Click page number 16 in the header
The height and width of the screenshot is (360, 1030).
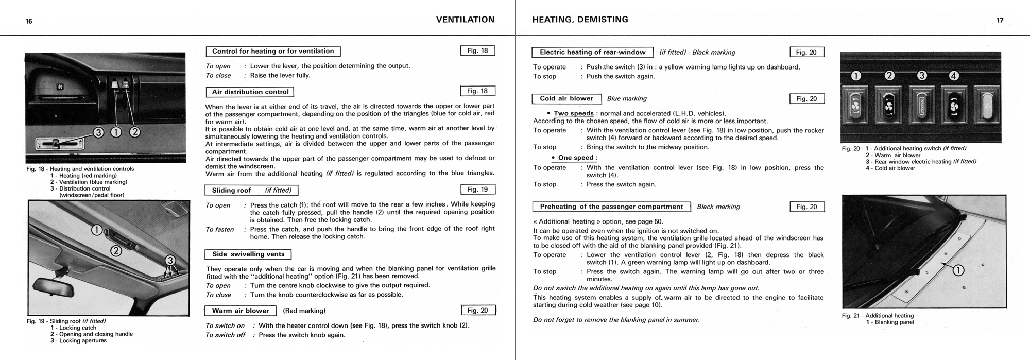[29, 21]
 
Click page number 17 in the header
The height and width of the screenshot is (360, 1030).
[1000, 21]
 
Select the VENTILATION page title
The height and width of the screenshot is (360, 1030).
[465, 20]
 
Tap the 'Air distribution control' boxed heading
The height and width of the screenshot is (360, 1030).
[250, 92]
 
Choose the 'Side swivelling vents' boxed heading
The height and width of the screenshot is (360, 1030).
[248, 254]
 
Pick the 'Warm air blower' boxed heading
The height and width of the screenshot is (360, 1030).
[241, 311]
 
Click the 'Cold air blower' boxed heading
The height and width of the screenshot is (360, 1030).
[566, 99]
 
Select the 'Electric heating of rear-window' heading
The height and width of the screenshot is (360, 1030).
[592, 52]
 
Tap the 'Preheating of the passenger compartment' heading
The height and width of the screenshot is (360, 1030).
[611, 207]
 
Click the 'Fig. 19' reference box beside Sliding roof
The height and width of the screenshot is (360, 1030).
[477, 190]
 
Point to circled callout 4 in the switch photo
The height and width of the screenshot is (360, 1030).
[954, 76]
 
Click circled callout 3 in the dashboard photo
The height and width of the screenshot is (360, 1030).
[98, 132]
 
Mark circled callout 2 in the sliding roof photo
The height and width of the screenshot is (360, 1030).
[116, 251]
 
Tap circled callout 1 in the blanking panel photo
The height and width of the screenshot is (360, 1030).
[959, 270]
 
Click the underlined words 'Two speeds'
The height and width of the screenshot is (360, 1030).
[574, 114]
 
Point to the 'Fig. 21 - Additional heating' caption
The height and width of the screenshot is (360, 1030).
[878, 316]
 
